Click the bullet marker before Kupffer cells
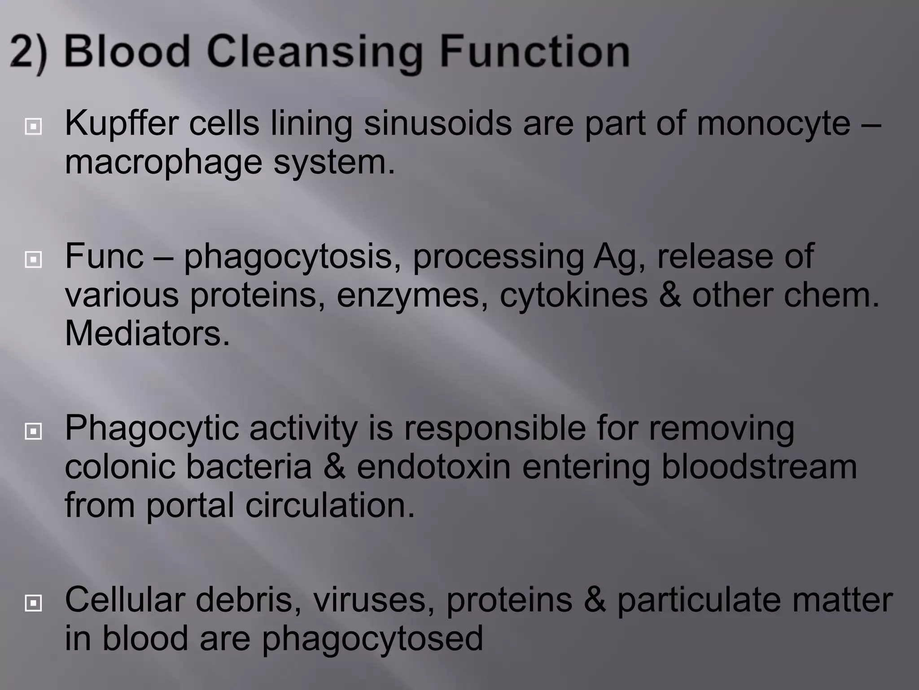click(34, 127)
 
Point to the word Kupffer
click(122, 124)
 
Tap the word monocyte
click(773, 124)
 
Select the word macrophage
click(163, 163)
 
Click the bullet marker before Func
click(34, 259)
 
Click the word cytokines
click(573, 296)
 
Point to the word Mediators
click(147, 333)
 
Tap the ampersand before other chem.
click(670, 295)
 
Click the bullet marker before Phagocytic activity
click(34, 432)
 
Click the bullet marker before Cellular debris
click(34, 603)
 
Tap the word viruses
click(369, 600)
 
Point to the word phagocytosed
click(372, 639)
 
